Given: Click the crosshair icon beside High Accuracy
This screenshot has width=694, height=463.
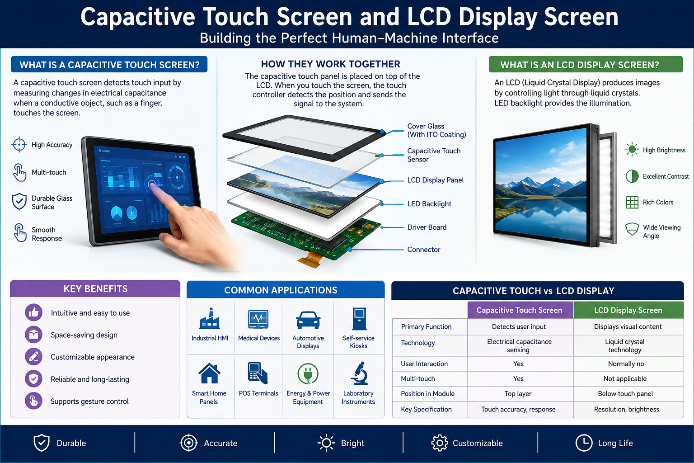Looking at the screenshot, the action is [19, 145].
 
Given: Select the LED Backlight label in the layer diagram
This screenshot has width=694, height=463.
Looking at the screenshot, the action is [429, 204].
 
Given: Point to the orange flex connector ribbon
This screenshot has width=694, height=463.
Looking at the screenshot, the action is [310, 259].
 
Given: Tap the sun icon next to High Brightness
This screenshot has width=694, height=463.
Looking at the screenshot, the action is [632, 150].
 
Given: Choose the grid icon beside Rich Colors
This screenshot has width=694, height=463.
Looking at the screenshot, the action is [632, 202].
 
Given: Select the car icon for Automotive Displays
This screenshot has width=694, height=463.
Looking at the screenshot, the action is [308, 320].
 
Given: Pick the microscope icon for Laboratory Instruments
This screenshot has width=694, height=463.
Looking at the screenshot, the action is [359, 373].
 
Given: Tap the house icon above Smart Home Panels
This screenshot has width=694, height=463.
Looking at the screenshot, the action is [210, 373].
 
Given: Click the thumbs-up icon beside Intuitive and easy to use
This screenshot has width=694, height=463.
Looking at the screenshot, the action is [33, 312].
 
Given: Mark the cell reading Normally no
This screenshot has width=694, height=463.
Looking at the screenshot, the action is [626, 364].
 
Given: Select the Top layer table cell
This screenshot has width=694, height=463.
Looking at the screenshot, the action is [518, 393].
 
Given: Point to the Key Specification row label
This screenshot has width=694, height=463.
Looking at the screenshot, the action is [426, 409].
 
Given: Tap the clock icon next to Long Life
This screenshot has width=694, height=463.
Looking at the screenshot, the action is [584, 443].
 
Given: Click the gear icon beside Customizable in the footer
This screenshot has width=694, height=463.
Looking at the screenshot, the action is [439, 443].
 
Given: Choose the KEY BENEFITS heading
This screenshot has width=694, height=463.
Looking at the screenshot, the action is [95, 289].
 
